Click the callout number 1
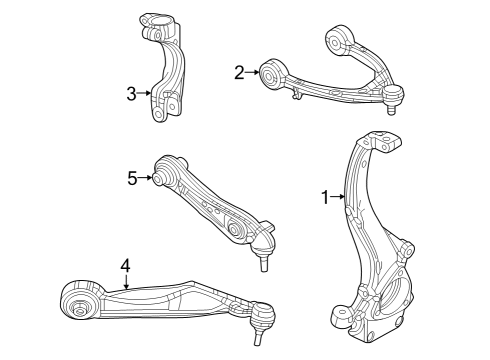click(x=324, y=198)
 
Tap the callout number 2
click(x=239, y=71)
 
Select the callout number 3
click(x=132, y=94)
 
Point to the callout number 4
click(x=125, y=265)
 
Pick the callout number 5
click(x=132, y=178)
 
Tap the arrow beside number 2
click(x=252, y=71)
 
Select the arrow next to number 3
click(x=146, y=94)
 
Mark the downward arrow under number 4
click(x=125, y=282)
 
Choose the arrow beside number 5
click(x=146, y=178)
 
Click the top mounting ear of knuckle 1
click(x=379, y=142)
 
